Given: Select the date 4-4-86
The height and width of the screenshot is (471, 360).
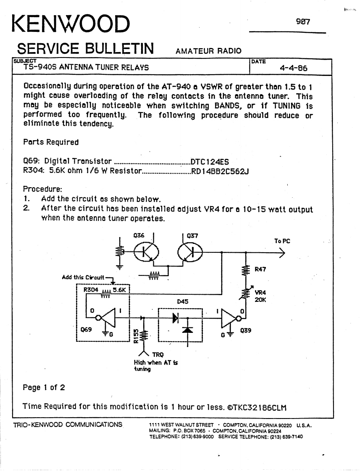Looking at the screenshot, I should tap(295, 67).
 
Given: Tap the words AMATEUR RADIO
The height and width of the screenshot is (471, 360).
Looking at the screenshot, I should tap(209, 51).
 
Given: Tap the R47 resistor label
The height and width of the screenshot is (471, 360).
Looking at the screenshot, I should tap(260, 269).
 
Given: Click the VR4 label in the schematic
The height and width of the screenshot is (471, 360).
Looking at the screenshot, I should tap(261, 293).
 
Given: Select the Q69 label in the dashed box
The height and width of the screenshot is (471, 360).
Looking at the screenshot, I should tap(86, 330).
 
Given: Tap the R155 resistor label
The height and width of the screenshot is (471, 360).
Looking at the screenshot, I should tap(136, 336).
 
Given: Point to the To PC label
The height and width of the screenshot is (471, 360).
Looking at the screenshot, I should tap(282, 241).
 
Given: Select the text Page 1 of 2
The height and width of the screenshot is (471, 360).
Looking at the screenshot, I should tap(44, 387).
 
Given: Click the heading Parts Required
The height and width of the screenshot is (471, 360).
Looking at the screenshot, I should tap(51, 142).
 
